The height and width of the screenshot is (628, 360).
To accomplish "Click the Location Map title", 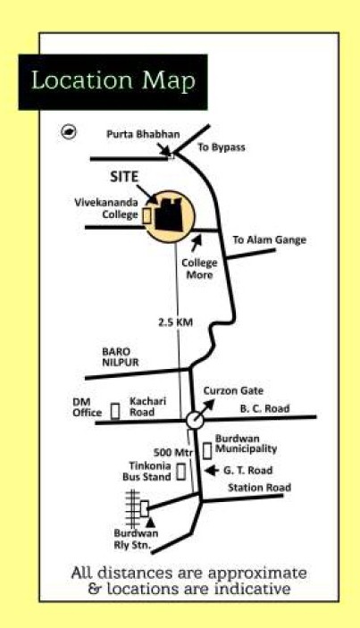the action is pyautogui.click(x=113, y=80).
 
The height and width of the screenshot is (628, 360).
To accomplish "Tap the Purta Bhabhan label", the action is pyautogui.click(x=143, y=134).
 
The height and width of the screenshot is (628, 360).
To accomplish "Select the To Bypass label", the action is pyautogui.click(x=222, y=147).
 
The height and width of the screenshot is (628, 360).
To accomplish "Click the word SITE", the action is pyautogui.click(x=124, y=177).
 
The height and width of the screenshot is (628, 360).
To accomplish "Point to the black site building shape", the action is pyautogui.click(x=169, y=214).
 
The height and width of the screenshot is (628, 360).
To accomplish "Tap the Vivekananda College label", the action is pyautogui.click(x=106, y=209).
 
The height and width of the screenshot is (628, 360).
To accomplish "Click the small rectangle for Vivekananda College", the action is pyautogui.click(x=147, y=215).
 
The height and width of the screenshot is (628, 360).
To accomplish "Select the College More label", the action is pyautogui.click(x=199, y=269).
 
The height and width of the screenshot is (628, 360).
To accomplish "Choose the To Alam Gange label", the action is pyautogui.click(x=270, y=240).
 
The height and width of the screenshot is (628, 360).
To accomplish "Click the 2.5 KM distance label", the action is pyautogui.click(x=175, y=322).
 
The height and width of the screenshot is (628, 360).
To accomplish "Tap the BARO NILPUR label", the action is pyautogui.click(x=120, y=356).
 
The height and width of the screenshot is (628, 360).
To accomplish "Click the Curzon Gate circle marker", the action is pyautogui.click(x=195, y=420).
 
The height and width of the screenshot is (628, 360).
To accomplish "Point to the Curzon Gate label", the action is pyautogui.click(x=233, y=391).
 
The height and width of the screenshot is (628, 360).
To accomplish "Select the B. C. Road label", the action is pyautogui.click(x=264, y=408).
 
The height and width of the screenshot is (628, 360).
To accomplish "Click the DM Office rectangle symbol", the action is pyautogui.click(x=115, y=411).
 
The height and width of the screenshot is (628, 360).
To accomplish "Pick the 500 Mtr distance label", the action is pyautogui.click(x=173, y=453).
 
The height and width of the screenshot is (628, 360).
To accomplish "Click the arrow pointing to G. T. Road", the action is pyautogui.click(x=212, y=471).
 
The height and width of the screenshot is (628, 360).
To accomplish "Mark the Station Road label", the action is pyautogui.click(x=259, y=488).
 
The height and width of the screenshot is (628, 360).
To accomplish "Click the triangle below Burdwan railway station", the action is pyautogui.click(x=150, y=522).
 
